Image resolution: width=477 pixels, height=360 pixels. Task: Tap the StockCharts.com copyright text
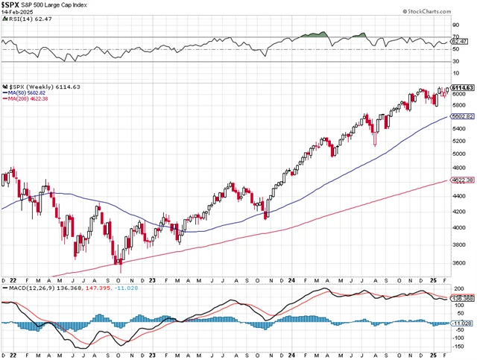(x=442, y=12)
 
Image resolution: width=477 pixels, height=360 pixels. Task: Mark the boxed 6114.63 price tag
(x=462, y=88)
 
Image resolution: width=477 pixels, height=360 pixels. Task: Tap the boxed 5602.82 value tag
(x=462, y=117)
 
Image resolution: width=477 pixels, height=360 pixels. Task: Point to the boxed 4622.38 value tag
(x=462, y=180)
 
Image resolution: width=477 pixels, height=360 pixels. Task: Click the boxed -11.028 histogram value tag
(x=462, y=323)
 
